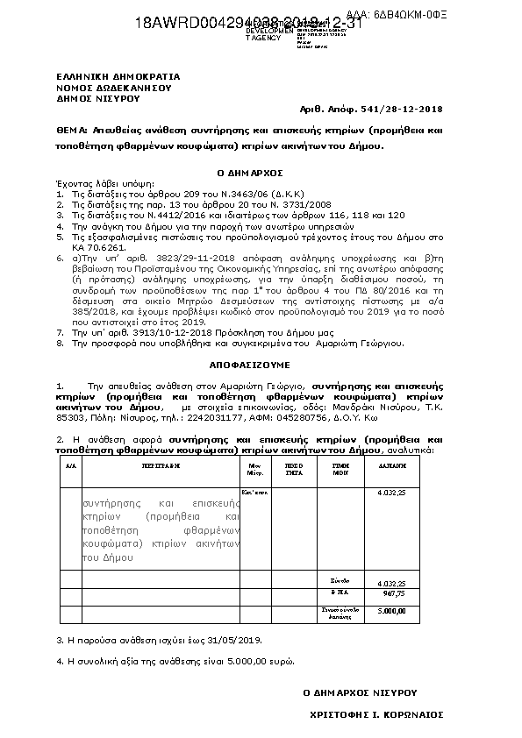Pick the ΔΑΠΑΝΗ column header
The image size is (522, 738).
390,467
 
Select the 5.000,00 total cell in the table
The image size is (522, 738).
391,610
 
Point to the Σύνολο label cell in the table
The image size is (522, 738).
340,580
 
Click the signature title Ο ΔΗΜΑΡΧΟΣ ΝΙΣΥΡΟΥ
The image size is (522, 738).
360,692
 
